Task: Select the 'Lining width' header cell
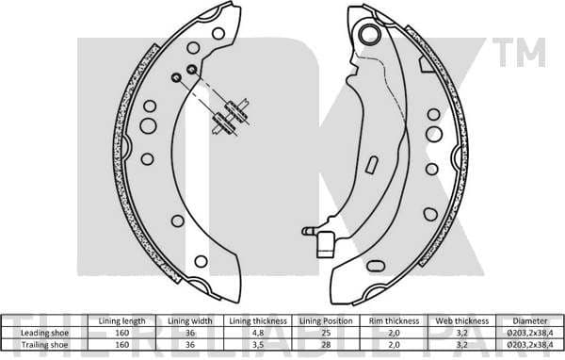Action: [x=185, y=321]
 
